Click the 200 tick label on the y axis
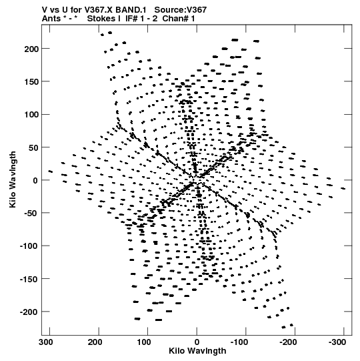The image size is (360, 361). [31, 49]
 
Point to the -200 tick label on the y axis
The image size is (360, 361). [29, 312]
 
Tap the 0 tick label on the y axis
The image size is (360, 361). [35, 180]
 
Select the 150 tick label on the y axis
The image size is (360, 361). [31, 81]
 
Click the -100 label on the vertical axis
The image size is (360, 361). [29, 246]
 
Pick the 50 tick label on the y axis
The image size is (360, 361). [33, 147]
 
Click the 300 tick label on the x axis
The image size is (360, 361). [46, 342]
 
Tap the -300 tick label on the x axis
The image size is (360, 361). [337, 342]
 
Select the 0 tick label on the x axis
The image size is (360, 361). [197, 342]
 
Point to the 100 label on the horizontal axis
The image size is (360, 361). [144, 342]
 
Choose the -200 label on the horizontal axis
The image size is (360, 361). [288, 342]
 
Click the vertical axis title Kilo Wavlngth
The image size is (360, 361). [13, 179]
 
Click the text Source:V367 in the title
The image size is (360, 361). [181, 10]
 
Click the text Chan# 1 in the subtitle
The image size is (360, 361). [179, 19]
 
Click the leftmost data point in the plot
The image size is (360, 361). [51, 171]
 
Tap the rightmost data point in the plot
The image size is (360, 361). [343, 189]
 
